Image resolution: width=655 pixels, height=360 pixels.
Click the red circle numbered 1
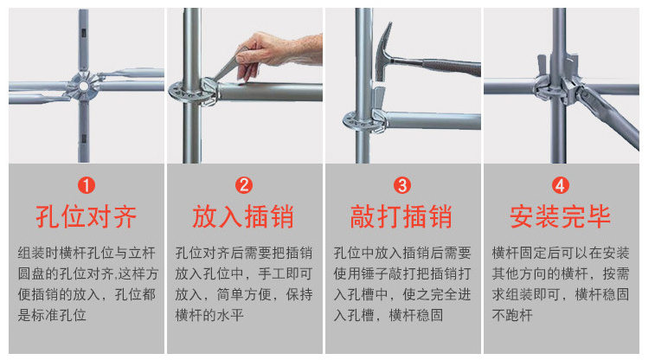(87, 185)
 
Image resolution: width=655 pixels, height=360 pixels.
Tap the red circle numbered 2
(244, 185)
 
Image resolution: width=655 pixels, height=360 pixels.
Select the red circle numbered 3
(402, 185)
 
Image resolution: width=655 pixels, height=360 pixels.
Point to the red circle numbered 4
(561, 185)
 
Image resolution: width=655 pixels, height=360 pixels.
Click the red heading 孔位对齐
(87, 216)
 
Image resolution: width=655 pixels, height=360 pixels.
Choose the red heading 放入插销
(243, 216)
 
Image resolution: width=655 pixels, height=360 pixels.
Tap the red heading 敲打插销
(401, 216)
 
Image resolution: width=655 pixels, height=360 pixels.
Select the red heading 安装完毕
(561, 216)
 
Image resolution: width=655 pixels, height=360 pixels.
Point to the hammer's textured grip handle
(452, 67)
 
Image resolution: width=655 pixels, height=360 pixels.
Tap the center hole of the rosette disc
(84, 87)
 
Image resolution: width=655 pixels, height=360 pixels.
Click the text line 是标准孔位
(52, 315)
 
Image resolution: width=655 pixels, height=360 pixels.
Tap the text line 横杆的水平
(209, 315)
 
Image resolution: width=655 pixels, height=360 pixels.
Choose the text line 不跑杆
(512, 315)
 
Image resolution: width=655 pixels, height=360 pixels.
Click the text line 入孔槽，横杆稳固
(389, 315)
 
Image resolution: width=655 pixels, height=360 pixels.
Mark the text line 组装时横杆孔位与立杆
(87, 253)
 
